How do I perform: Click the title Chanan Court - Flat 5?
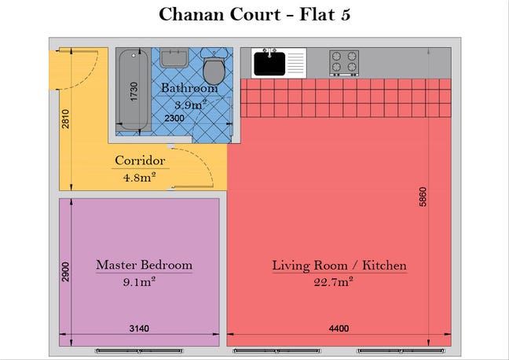(x=255, y=14)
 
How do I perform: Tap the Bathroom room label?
(x=189, y=88)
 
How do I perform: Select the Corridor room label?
(x=140, y=160)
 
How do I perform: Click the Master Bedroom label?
(x=144, y=265)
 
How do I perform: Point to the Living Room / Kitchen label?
(x=339, y=266)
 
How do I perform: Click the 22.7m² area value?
(x=333, y=281)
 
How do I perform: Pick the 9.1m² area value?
(x=139, y=281)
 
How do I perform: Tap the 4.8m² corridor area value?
(x=140, y=177)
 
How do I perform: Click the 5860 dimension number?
(x=423, y=197)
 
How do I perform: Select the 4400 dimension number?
(x=339, y=329)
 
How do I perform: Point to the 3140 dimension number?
(x=139, y=329)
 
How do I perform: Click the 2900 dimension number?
(x=65, y=272)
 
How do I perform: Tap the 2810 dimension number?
(x=65, y=119)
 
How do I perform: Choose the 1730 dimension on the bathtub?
(x=134, y=92)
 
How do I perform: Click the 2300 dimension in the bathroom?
(x=174, y=118)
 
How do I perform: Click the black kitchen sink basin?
(x=269, y=64)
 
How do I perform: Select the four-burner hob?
(x=344, y=63)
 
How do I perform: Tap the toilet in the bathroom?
(x=214, y=66)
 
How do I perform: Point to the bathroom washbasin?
(x=174, y=58)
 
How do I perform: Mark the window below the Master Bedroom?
(x=139, y=351)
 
